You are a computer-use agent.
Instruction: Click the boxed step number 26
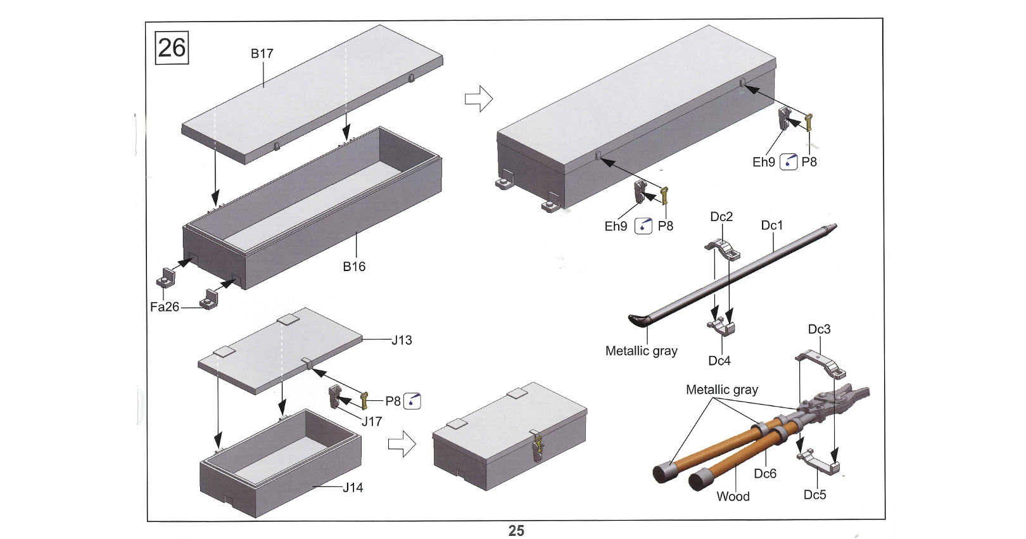(x=172, y=48)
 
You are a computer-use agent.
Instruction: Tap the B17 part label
(x=262, y=54)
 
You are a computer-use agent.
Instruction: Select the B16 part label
(x=354, y=267)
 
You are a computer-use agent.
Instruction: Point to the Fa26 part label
(x=165, y=307)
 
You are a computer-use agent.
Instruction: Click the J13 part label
(x=402, y=340)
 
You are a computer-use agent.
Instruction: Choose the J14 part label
(x=353, y=488)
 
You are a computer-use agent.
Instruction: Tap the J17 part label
(x=372, y=421)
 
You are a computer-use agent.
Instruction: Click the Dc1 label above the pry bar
(x=772, y=225)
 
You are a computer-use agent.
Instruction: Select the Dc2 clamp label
(x=721, y=217)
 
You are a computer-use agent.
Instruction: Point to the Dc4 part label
(x=719, y=361)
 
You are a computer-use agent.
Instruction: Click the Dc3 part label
(x=820, y=329)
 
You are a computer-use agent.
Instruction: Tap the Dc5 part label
(x=815, y=495)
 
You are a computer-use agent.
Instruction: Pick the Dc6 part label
(x=765, y=474)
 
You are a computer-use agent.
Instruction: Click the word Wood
(x=733, y=497)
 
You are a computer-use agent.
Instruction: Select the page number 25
(x=516, y=531)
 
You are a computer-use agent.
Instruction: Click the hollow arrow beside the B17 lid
(x=479, y=98)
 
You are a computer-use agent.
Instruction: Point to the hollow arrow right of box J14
(x=402, y=444)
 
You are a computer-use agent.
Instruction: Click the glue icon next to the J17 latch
(x=412, y=401)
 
